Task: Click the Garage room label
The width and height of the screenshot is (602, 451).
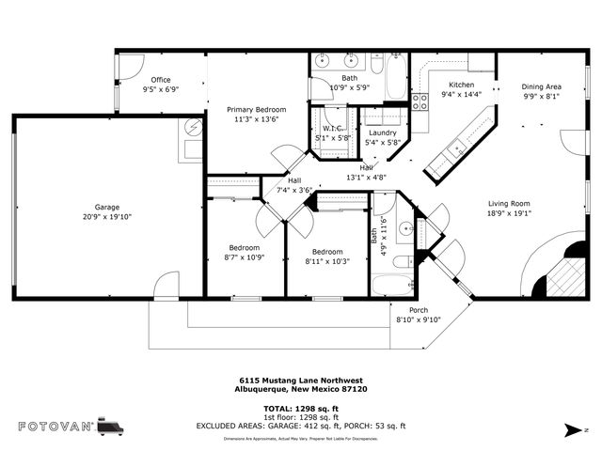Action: click(106, 207)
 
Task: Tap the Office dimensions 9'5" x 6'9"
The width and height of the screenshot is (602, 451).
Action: click(160, 89)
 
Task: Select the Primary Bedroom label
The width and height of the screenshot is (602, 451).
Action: click(257, 110)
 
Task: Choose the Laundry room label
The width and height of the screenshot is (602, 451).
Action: click(382, 132)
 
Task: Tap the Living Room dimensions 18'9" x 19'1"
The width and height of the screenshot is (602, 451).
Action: click(509, 212)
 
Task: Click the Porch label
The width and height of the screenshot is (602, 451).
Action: click(419, 310)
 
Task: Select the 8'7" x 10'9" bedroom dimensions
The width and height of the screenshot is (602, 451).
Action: click(241, 257)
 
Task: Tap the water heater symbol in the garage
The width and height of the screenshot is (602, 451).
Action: click(195, 125)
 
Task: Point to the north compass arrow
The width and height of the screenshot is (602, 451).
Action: click(570, 429)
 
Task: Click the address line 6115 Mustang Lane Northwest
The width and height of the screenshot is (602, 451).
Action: click(301, 381)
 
